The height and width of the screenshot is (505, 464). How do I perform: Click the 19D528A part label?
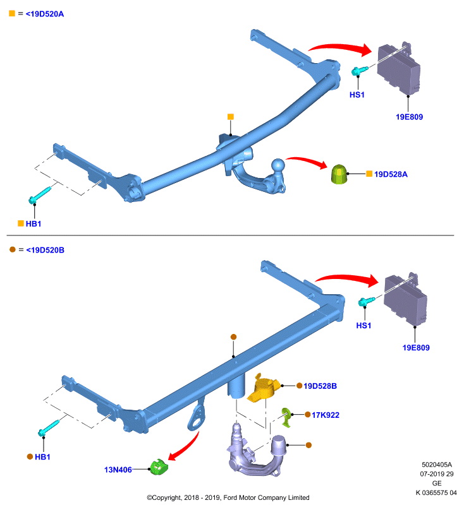(x=391, y=174)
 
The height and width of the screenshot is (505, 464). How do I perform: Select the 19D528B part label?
(x=320, y=386)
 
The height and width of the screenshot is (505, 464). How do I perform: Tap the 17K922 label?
(x=326, y=415)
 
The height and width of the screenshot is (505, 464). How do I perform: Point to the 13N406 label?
(x=118, y=470)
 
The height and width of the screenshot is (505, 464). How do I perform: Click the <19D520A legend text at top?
(x=45, y=14)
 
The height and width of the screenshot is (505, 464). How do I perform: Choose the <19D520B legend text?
(x=45, y=250)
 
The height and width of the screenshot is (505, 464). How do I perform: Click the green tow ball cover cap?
(x=339, y=174)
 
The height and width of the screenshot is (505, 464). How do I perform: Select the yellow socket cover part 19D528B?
(x=263, y=387)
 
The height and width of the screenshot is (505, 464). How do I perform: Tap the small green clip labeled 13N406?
(x=159, y=466)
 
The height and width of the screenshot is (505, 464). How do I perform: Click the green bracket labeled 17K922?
(x=286, y=417)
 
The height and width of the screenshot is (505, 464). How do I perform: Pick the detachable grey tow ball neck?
(x=255, y=451)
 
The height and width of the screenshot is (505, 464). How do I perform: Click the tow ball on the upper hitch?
(x=278, y=165)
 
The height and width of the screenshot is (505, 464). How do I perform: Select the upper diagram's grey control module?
(x=398, y=68)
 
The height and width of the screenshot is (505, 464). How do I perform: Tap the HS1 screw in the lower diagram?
(x=366, y=302)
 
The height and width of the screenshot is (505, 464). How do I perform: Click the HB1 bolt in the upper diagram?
(x=40, y=194)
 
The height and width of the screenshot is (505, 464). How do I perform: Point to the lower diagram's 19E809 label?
(x=416, y=348)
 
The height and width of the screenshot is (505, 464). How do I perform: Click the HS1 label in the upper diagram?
(x=357, y=95)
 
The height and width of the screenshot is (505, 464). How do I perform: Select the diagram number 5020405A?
(x=437, y=465)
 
